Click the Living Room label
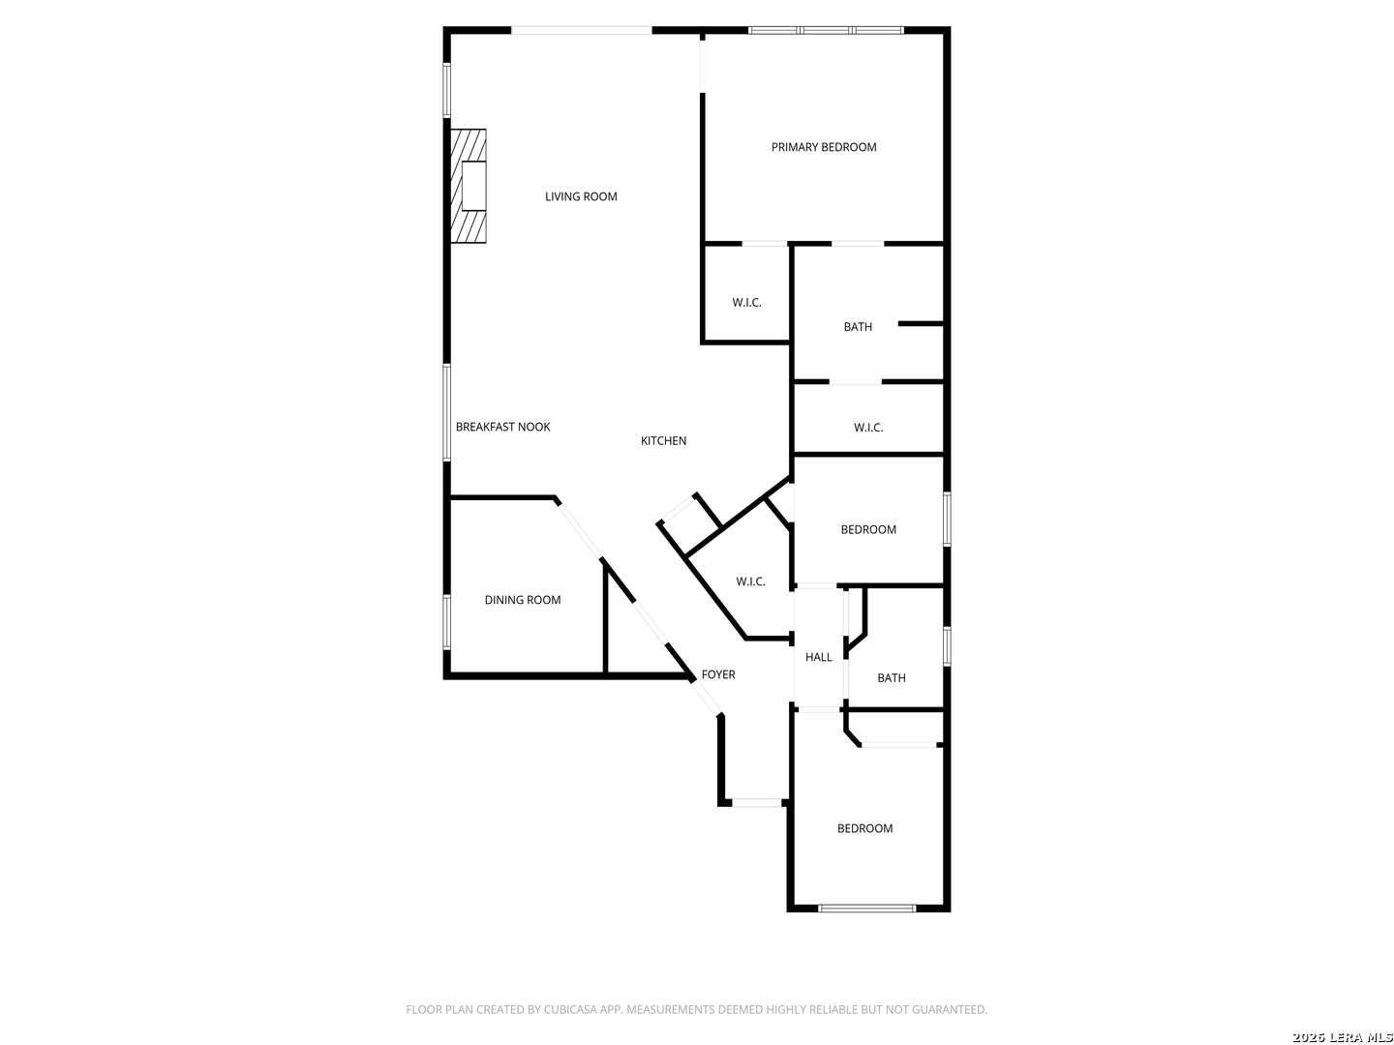click(x=581, y=196)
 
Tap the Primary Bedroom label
click(x=824, y=147)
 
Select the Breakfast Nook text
click(x=502, y=427)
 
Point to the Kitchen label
click(x=663, y=441)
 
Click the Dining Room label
click(x=523, y=600)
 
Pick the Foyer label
click(x=718, y=674)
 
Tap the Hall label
click(x=818, y=657)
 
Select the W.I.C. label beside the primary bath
click(x=746, y=303)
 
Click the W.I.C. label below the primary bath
click(x=868, y=428)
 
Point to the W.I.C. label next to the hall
click(x=750, y=582)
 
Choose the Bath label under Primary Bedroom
click(x=858, y=327)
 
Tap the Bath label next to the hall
click(x=892, y=678)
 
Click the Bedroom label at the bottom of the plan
click(x=864, y=828)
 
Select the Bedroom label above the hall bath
click(x=868, y=529)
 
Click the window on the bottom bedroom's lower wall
click(x=866, y=908)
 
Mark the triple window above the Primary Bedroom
click(x=826, y=31)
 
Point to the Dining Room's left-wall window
click(x=447, y=621)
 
